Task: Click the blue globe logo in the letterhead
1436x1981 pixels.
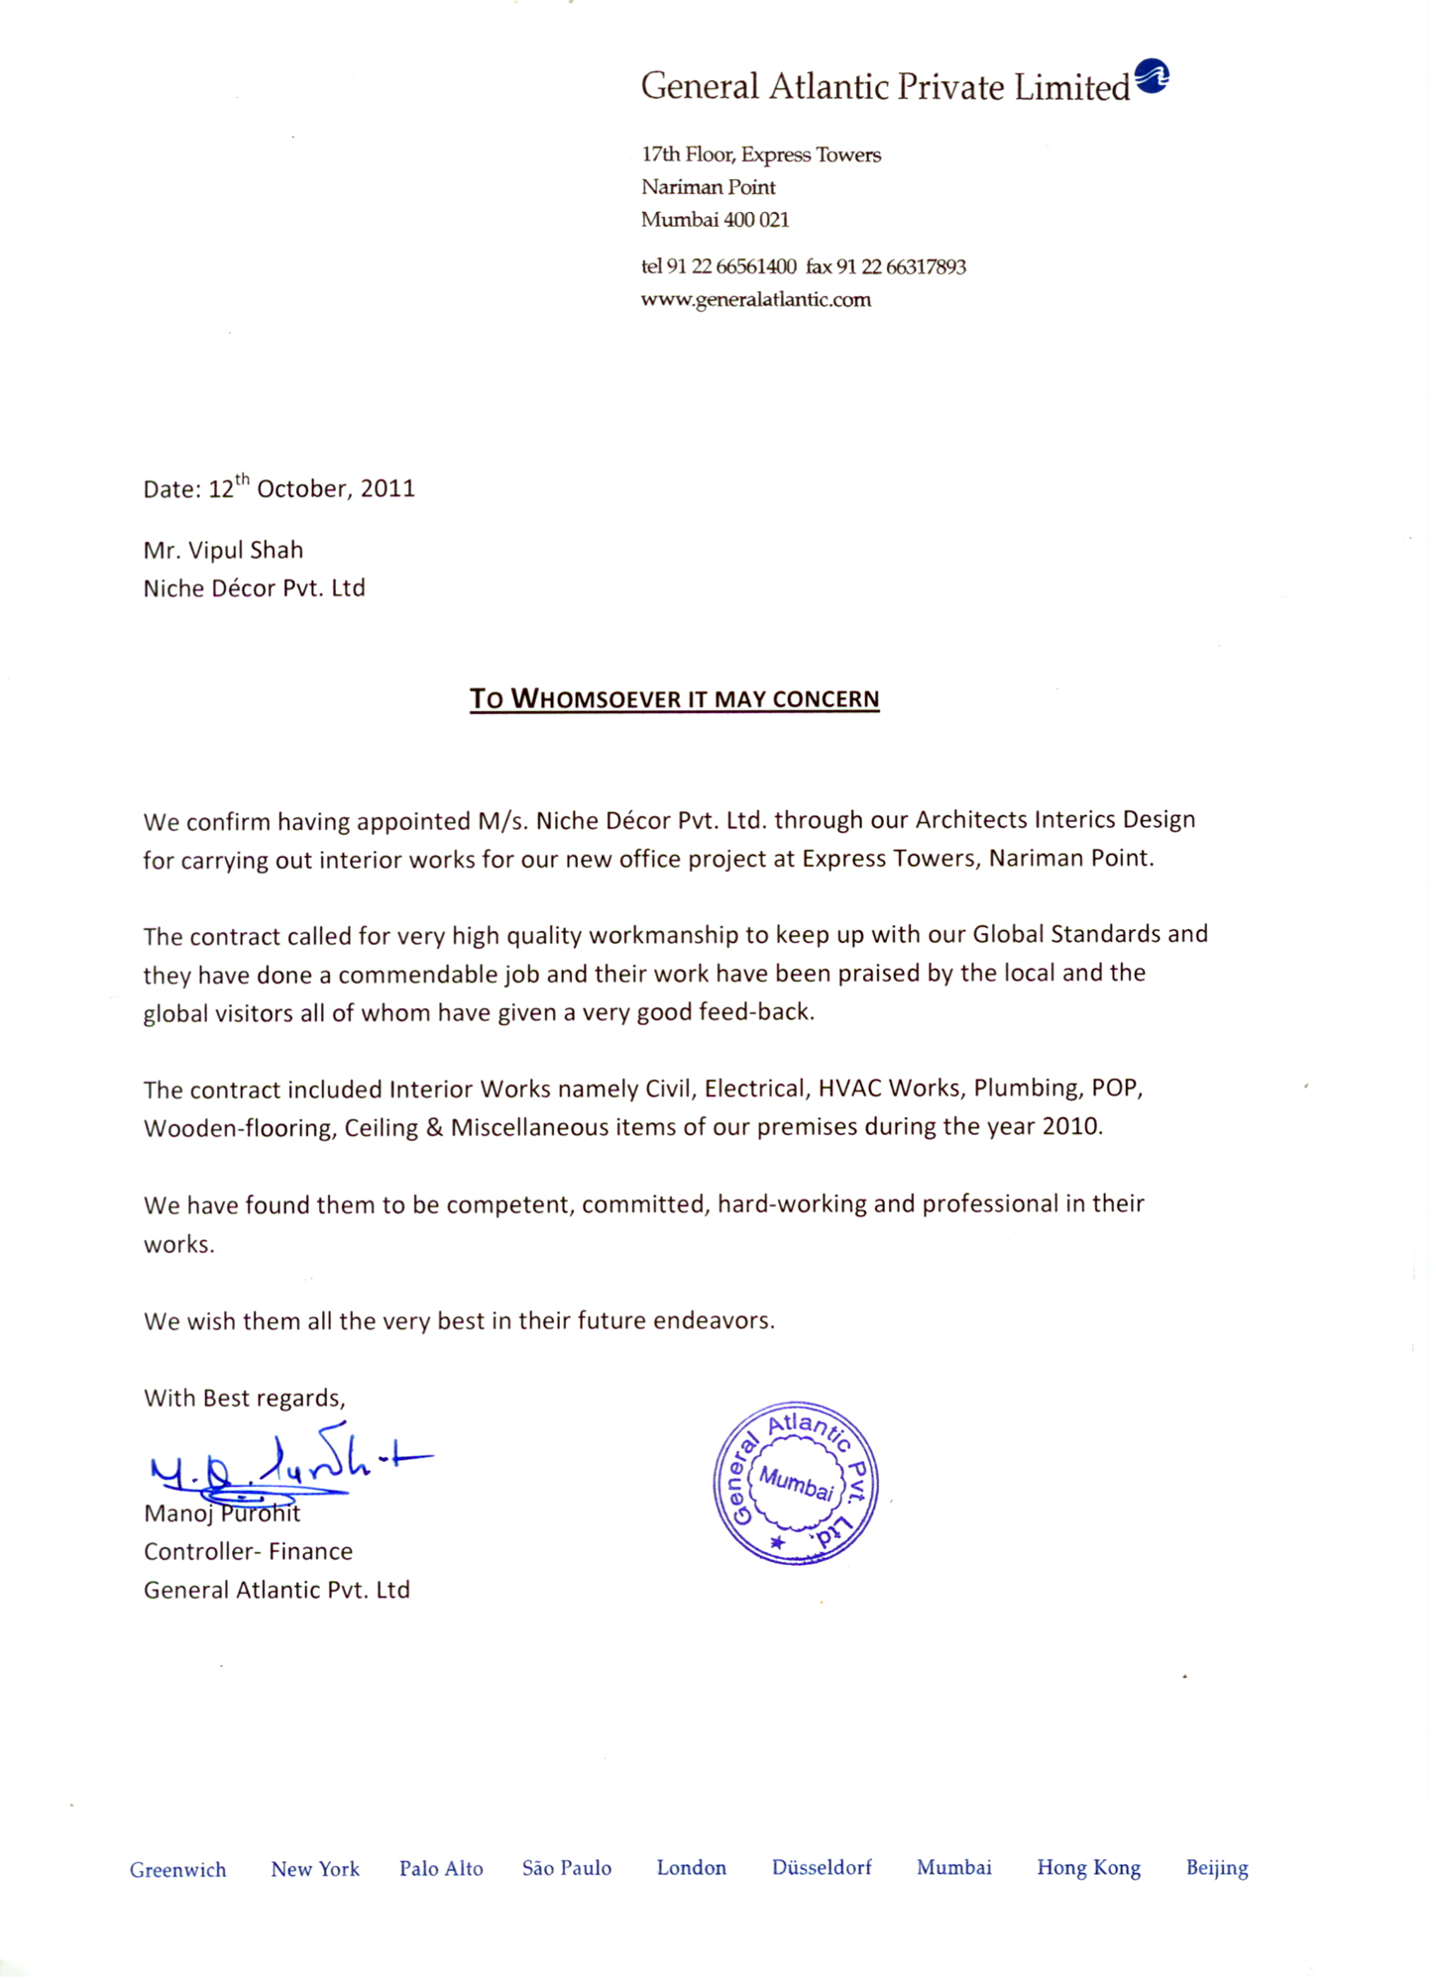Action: point(1152,75)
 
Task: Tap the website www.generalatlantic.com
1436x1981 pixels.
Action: point(755,300)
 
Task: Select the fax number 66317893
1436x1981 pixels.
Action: point(926,267)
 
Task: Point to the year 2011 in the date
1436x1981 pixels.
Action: point(387,489)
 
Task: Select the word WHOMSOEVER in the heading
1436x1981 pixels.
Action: point(598,700)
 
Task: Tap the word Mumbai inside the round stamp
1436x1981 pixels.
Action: point(796,1483)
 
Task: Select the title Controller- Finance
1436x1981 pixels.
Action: point(248,1552)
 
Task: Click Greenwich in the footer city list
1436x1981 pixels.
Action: point(178,1870)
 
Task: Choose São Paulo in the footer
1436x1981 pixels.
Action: point(567,1869)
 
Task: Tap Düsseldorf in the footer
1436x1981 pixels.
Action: point(822,1868)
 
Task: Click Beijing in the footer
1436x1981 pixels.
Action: point(1217,1868)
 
